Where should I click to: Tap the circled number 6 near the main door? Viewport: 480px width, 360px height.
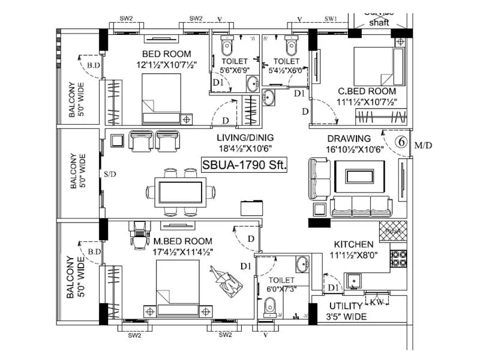pyautogui.click(x=401, y=143)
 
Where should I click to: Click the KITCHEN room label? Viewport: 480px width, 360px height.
pyautogui.click(x=354, y=245)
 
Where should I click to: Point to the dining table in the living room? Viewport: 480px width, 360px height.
pyautogui.click(x=180, y=193)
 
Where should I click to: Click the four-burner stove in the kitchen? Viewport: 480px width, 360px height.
pyautogui.click(x=399, y=259)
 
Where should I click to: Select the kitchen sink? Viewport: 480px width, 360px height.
pyautogui.click(x=353, y=280)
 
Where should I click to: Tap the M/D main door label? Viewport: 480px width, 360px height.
pyautogui.click(x=423, y=145)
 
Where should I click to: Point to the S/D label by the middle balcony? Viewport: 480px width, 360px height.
pyautogui.click(x=110, y=175)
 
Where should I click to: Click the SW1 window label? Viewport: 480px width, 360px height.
pyautogui.click(x=331, y=19)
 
